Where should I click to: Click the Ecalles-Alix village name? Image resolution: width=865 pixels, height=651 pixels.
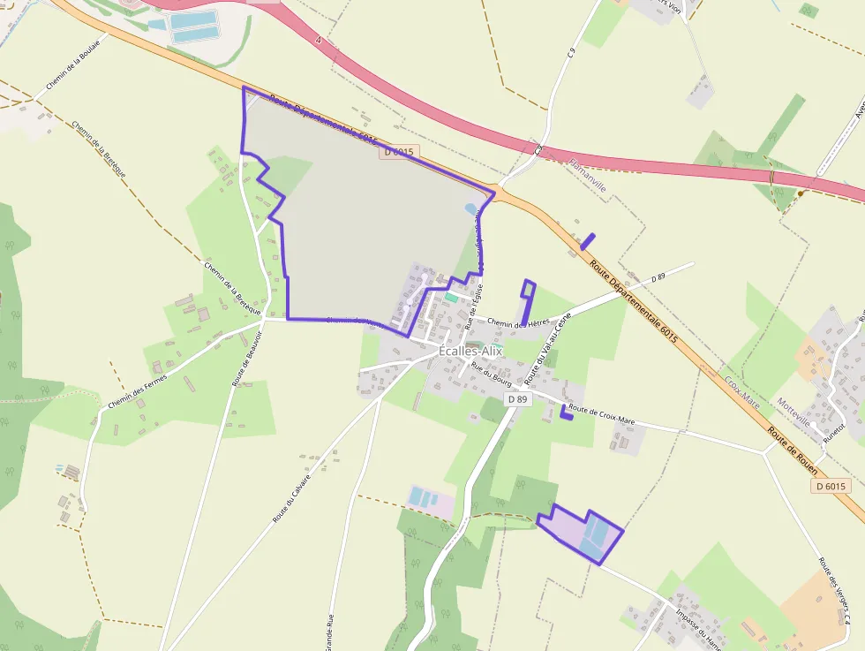470,351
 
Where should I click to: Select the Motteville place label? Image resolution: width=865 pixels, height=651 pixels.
793,413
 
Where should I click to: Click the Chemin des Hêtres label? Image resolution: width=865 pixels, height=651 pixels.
517,323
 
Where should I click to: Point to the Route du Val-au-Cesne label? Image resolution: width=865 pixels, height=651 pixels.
548,347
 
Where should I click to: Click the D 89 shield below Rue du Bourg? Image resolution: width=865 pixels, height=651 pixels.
518,399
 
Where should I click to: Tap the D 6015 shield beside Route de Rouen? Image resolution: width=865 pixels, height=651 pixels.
831,486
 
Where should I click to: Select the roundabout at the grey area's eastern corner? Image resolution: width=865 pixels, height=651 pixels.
496,191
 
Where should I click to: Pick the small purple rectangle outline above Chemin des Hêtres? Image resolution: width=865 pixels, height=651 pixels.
528,291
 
